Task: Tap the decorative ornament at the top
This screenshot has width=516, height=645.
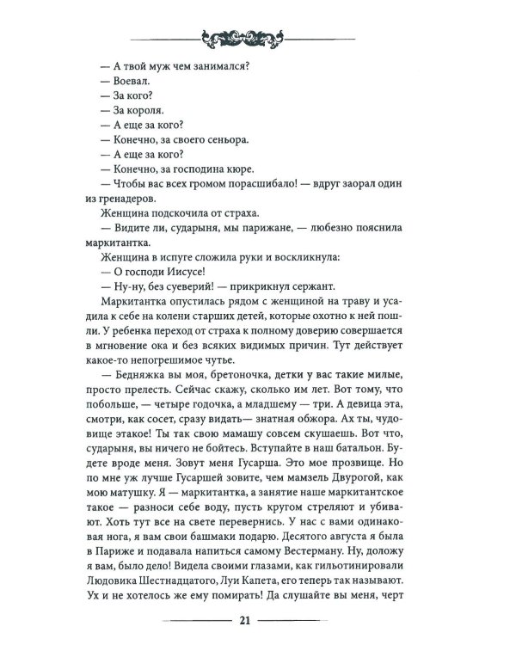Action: [x=257, y=36]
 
